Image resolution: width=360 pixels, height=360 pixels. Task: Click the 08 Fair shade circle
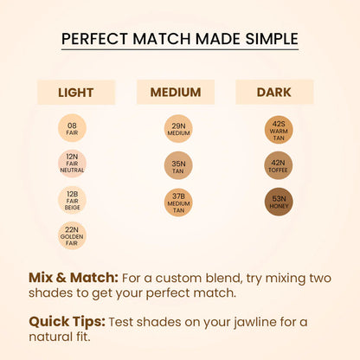point(72,129)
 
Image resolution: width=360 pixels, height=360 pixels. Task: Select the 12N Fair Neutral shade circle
point(72,164)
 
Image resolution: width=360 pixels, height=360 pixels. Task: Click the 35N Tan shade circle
point(177,165)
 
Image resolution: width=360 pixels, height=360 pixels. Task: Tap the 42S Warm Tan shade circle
point(279,129)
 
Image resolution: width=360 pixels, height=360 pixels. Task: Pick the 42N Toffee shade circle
point(279,165)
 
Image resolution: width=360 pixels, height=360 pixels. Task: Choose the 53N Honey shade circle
point(279,201)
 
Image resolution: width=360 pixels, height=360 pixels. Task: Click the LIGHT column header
point(76,93)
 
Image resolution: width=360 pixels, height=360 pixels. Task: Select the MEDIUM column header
point(176,92)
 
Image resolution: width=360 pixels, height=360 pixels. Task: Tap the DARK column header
point(274,92)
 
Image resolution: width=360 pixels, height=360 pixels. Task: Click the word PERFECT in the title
point(98,40)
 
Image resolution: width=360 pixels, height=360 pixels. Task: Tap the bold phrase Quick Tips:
point(66,322)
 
